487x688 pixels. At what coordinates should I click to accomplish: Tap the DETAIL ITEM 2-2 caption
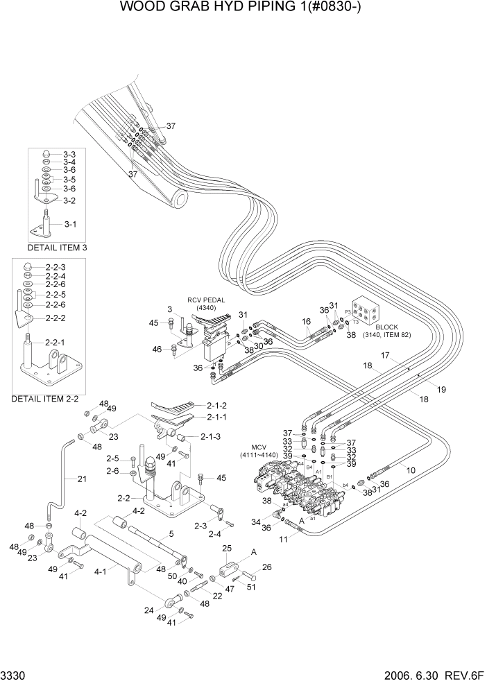[x=44, y=399]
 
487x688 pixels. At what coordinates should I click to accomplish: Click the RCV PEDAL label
[x=206, y=303]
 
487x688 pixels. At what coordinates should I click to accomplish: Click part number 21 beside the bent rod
[x=82, y=479]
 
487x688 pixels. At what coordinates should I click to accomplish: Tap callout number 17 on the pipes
[x=385, y=356]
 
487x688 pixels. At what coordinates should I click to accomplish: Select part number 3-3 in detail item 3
[x=69, y=153]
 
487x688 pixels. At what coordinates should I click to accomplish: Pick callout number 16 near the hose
[x=305, y=322]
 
